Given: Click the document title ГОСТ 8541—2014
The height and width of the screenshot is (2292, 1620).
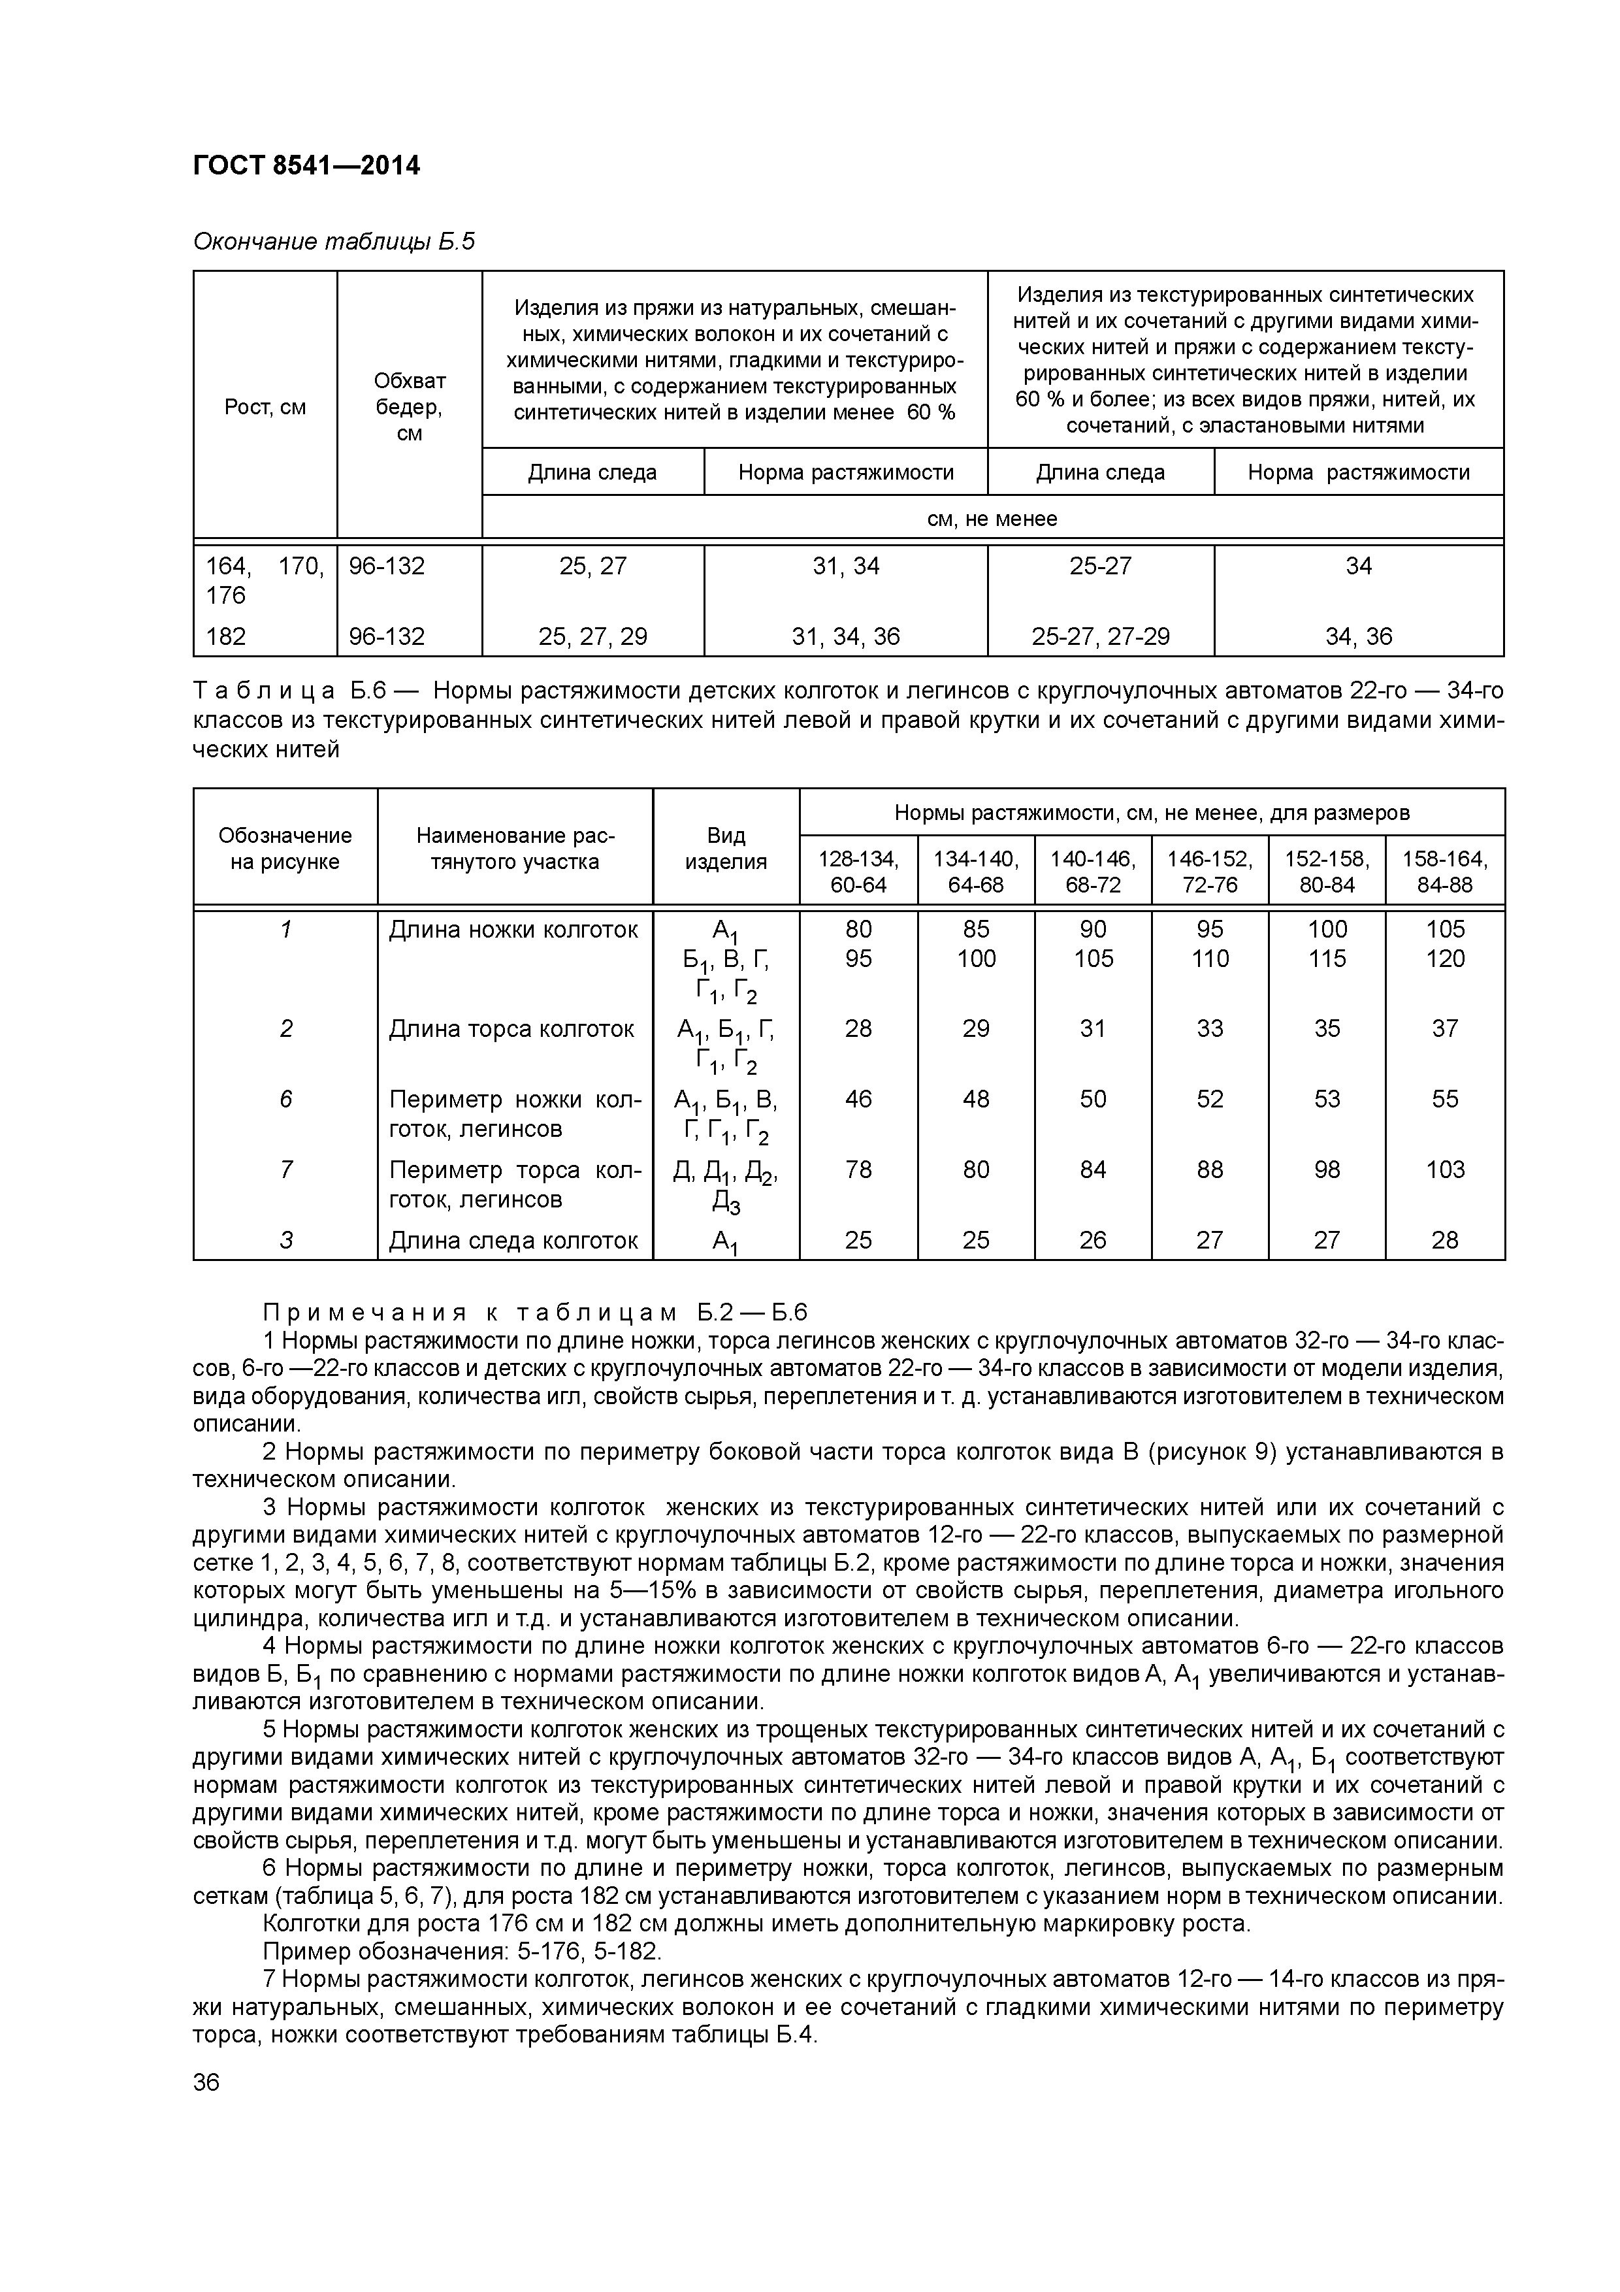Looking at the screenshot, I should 306,166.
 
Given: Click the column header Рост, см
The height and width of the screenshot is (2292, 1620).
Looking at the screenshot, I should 265,407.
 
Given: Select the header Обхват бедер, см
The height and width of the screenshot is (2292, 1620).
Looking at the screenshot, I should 409,407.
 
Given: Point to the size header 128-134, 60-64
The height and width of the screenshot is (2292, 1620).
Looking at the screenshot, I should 858,872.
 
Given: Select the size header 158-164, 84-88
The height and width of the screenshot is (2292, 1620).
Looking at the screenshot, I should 1444,872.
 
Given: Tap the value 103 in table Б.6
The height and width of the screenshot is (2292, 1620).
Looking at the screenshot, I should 1444,1169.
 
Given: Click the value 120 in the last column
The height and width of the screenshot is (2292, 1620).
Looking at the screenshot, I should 1444,959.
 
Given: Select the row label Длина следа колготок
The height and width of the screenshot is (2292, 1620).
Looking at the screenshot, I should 513,1241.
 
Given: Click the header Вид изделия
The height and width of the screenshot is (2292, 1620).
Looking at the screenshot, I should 726,849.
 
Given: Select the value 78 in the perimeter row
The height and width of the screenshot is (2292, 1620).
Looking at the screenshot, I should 858,1169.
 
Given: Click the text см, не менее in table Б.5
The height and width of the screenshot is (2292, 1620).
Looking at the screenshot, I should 992,519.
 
